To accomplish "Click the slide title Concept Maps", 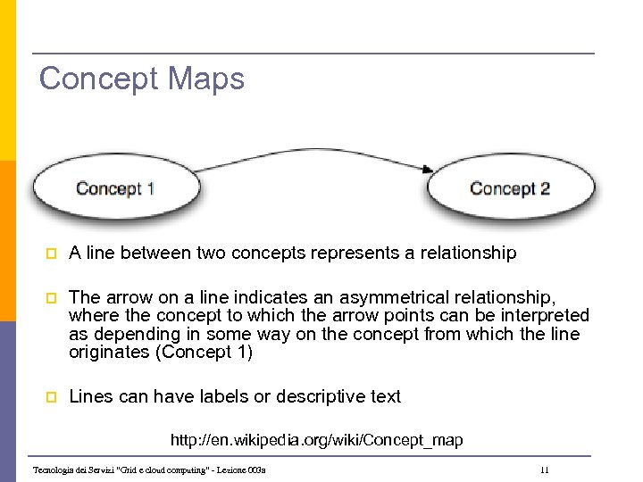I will coord(141,79).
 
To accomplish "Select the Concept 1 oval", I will coord(115,188).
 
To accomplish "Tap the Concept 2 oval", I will coord(510,188).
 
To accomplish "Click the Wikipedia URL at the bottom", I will coord(316,440).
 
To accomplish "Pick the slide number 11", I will coord(544,470).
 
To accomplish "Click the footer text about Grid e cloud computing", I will coord(149,470).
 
